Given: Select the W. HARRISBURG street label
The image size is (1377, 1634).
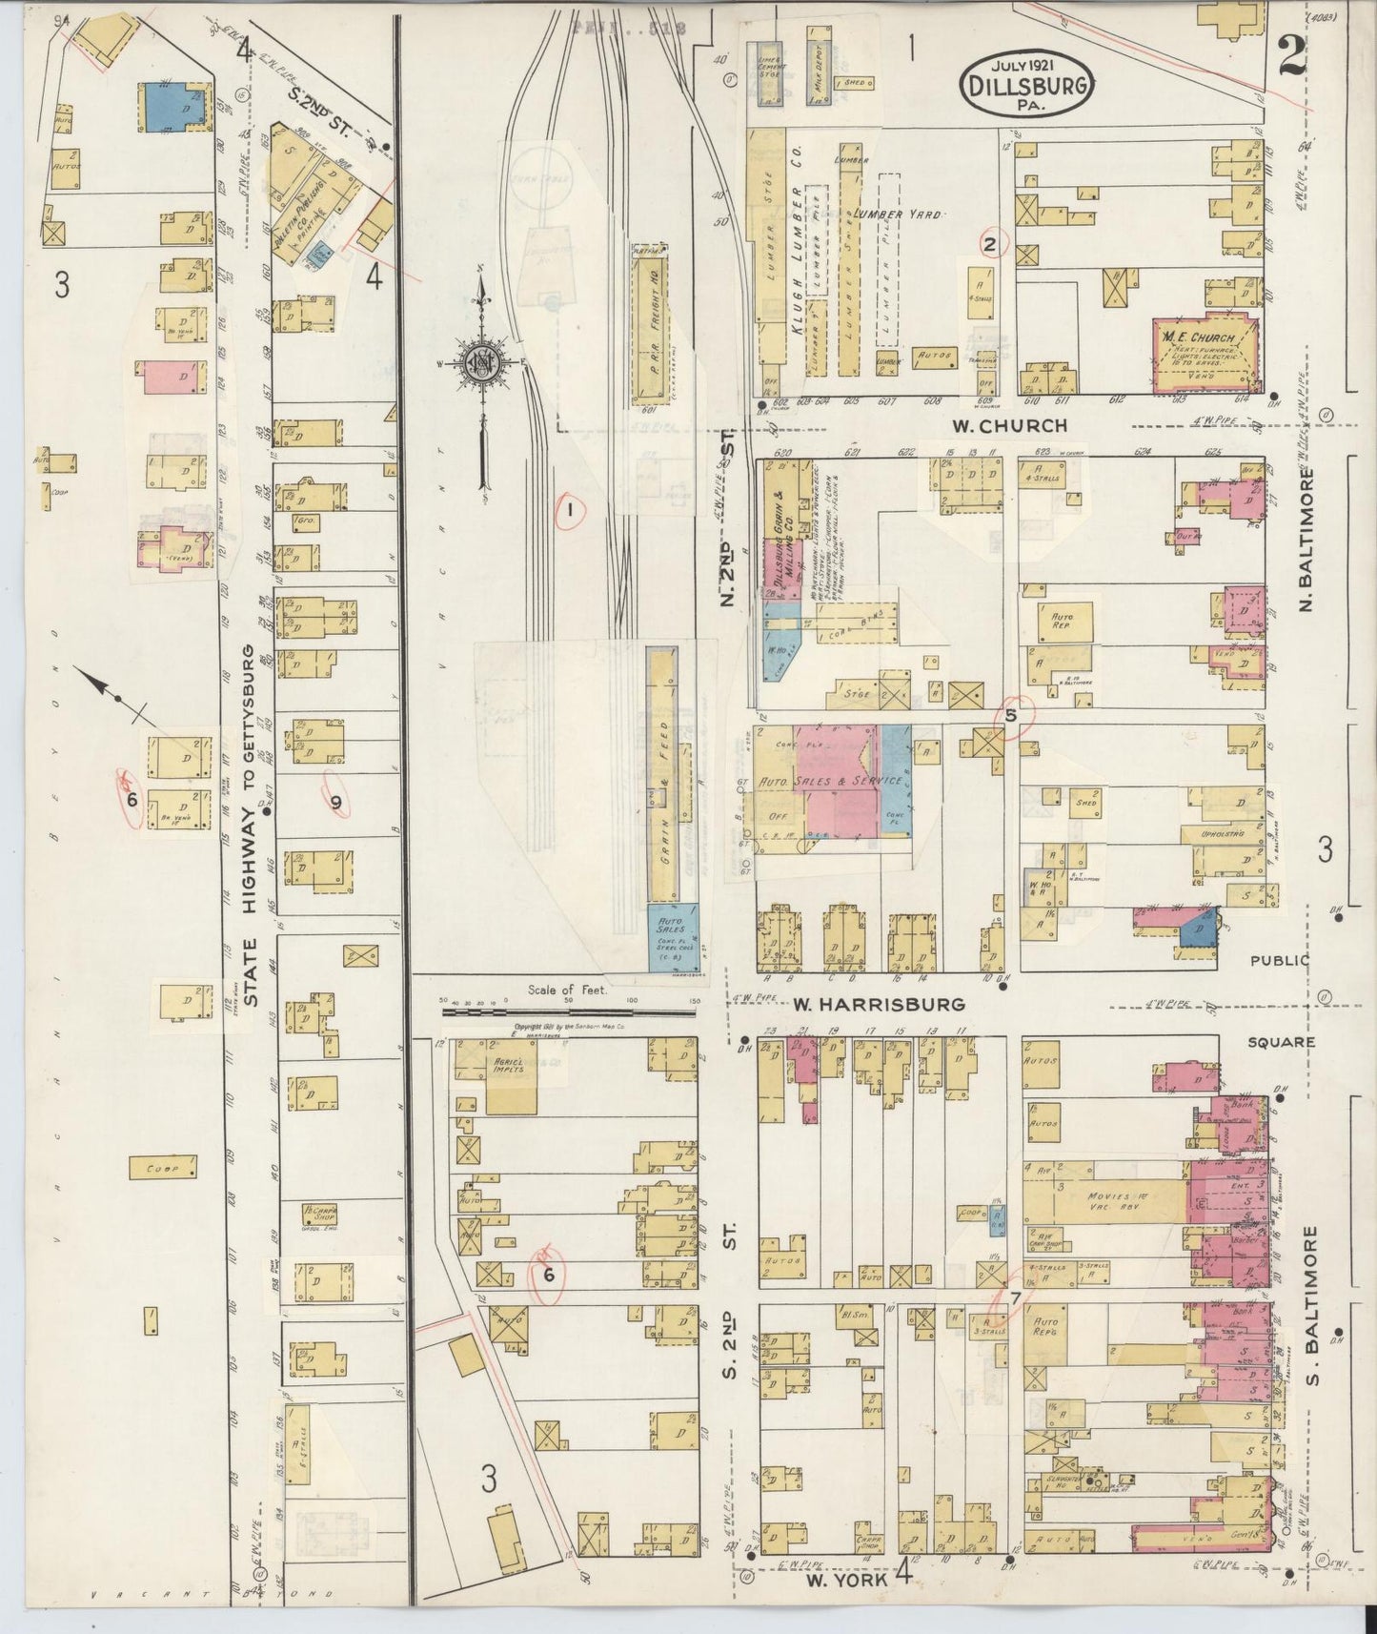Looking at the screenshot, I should pyautogui.click(x=878, y=1004).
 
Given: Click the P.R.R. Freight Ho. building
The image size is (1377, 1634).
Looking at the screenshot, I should pyautogui.click(x=651, y=325).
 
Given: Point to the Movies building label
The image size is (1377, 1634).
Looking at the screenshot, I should pyautogui.click(x=1105, y=1195).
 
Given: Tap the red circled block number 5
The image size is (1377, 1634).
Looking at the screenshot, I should pyautogui.click(x=1012, y=714).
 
